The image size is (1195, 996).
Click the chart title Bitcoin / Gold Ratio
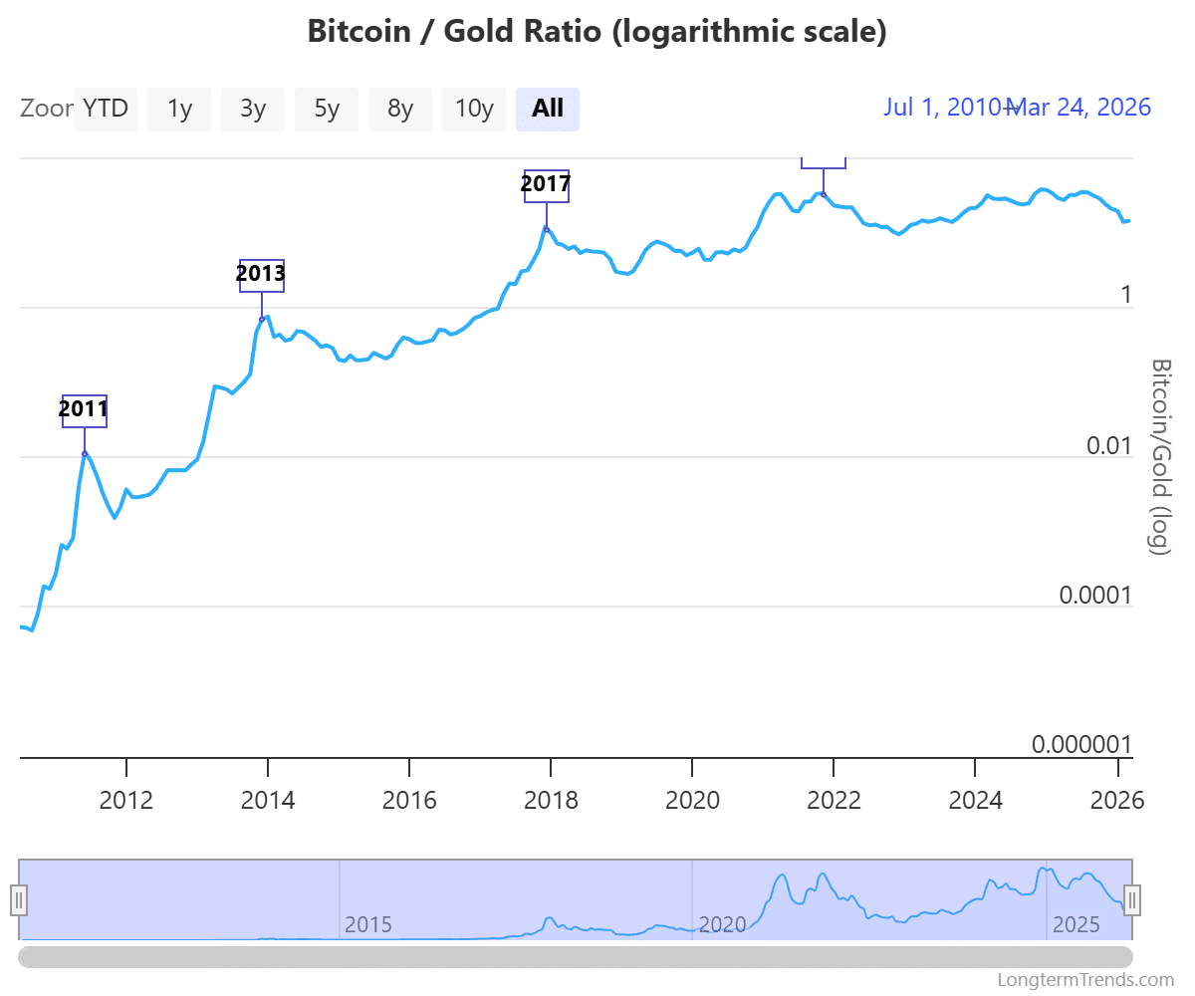point(597,31)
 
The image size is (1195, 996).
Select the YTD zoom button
point(106,109)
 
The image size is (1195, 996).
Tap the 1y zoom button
point(179,109)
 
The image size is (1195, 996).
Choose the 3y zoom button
point(253,109)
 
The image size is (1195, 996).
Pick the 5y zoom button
point(327,109)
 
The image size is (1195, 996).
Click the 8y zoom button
point(400,109)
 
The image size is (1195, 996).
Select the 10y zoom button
point(474,109)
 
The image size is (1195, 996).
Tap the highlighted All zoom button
point(548,109)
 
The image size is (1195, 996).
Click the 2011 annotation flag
point(84,410)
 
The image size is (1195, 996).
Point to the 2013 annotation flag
point(261,275)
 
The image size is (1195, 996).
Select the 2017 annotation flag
point(546,185)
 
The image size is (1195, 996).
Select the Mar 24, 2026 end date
point(1081,108)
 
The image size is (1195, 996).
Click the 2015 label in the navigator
point(368,924)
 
